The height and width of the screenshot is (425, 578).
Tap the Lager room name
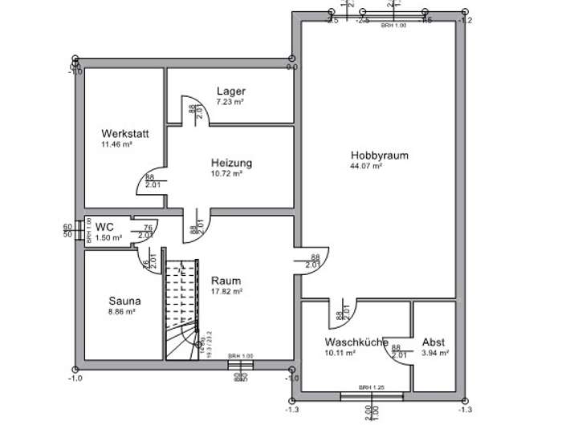click(x=231, y=91)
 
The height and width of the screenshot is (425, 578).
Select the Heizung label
click(x=231, y=163)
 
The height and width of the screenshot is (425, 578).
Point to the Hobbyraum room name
click(x=375, y=156)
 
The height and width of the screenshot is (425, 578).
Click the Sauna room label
click(x=124, y=301)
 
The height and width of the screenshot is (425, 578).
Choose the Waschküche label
click(x=356, y=342)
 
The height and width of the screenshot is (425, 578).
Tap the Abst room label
click(x=433, y=342)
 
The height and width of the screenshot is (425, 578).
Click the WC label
click(x=104, y=227)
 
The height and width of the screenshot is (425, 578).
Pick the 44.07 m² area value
click(x=365, y=167)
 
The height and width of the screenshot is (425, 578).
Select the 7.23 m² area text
click(x=230, y=103)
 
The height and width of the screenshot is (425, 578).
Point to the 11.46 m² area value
click(x=116, y=144)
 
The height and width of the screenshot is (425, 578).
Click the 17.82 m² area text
click(x=226, y=292)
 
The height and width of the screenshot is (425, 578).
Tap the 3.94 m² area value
click(x=434, y=352)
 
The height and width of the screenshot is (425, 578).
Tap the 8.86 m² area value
click(x=122, y=312)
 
